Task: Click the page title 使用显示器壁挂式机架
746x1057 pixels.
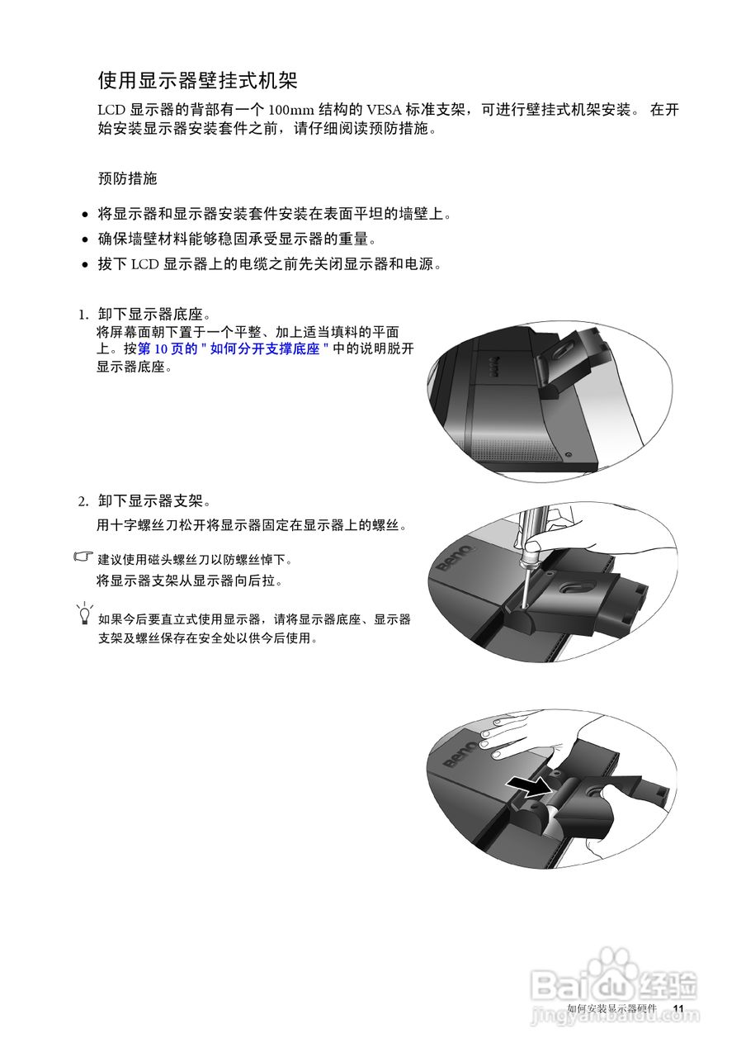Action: click(197, 80)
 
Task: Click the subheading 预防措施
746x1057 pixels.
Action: click(127, 178)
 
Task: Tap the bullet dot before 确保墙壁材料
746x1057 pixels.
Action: click(86, 240)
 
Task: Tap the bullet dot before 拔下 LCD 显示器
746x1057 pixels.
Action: click(86, 266)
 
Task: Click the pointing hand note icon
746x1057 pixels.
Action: click(83, 557)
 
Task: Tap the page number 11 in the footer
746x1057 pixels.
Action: click(678, 1009)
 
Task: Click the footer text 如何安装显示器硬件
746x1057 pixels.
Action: click(611, 1009)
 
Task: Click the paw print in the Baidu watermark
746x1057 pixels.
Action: click(616, 966)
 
